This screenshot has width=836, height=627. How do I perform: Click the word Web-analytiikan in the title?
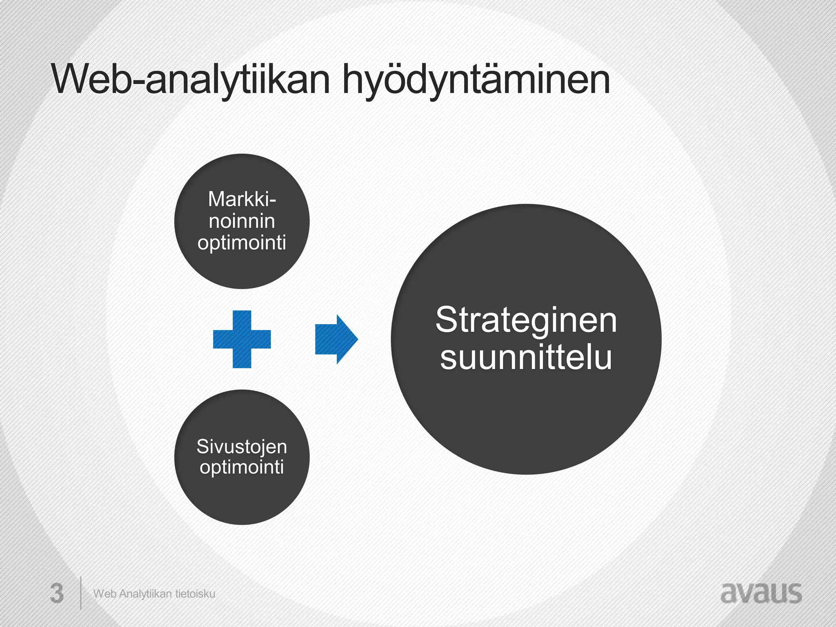190,80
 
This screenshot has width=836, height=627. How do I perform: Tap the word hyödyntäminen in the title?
476,80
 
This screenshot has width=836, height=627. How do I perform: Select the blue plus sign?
242,339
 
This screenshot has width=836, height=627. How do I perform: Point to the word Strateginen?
526,320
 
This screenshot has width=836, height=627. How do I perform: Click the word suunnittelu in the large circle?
526,358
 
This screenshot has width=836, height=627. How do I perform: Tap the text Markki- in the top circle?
242,199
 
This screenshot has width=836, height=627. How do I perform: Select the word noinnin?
242,221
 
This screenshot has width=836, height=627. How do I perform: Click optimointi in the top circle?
242,243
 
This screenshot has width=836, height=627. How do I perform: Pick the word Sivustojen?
242,446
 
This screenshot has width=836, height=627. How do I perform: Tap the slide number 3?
57,594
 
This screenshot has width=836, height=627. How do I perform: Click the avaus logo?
761,593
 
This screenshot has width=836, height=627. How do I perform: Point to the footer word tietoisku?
195,594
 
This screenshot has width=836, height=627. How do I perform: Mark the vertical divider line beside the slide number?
80,593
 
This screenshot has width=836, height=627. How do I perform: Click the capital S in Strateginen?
446,320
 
